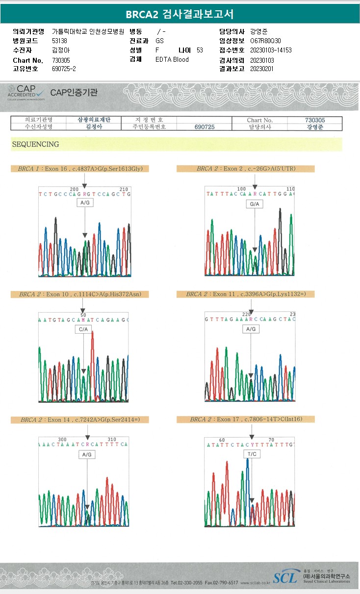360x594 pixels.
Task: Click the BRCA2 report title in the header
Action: click(x=180, y=14)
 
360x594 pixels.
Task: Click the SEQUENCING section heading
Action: click(x=35, y=144)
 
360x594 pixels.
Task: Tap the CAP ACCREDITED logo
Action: click(x=25, y=92)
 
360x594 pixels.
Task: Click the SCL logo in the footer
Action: click(x=285, y=577)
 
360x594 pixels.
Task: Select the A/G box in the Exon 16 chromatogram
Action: click(x=84, y=202)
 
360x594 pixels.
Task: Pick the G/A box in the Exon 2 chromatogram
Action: click(x=255, y=204)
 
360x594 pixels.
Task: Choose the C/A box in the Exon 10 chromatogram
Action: click(x=83, y=330)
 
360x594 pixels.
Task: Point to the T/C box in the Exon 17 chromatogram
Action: click(x=252, y=454)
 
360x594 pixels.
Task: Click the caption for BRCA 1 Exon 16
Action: click(x=80, y=169)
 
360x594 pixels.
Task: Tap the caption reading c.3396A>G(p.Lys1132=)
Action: click(x=250, y=294)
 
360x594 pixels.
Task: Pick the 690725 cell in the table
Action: click(x=205, y=126)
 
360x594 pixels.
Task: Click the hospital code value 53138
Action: click(x=59, y=41)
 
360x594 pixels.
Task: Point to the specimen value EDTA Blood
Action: click(x=172, y=59)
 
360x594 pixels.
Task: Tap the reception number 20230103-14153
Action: click(x=271, y=50)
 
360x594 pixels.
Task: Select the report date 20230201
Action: click(x=262, y=69)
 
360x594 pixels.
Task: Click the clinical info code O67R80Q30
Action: click(x=265, y=41)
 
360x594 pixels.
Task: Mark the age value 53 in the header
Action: click(x=200, y=50)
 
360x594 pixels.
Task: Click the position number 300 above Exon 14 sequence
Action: click(x=62, y=439)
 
